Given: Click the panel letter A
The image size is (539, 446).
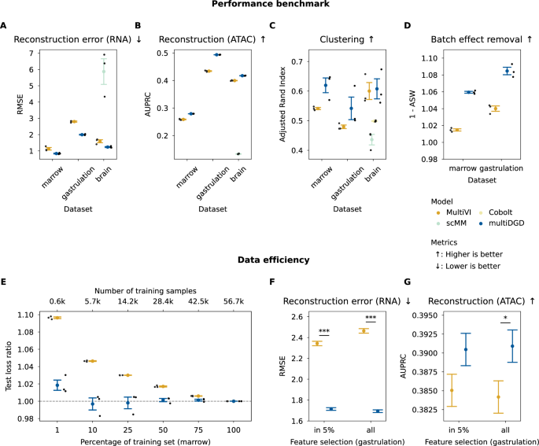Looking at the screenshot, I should pos(5,25).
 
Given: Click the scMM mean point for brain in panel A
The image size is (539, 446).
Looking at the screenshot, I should pos(102,72).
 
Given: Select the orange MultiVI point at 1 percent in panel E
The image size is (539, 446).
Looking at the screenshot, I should pos(57,318).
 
